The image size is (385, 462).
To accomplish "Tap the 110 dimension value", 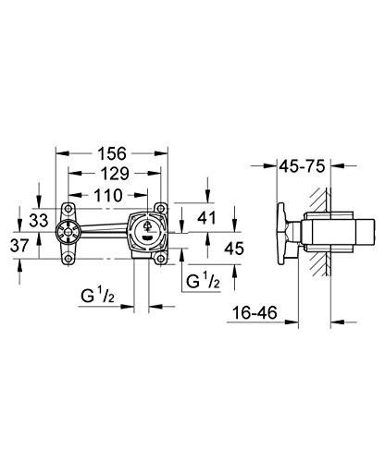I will [x=113, y=195].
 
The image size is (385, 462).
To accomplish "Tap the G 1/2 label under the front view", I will [x=96, y=296].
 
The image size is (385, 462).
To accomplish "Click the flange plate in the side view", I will [x=283, y=234].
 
